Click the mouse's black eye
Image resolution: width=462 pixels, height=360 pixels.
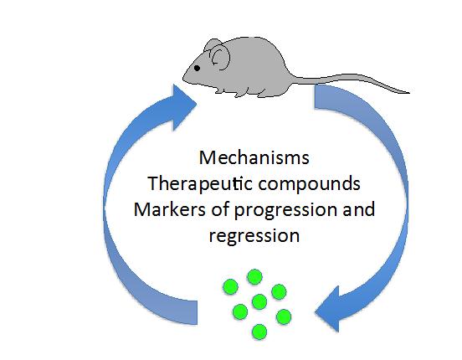[x=198, y=68]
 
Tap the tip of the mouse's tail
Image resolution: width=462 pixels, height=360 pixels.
[x=409, y=93]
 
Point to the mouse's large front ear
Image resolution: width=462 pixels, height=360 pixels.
[x=220, y=58]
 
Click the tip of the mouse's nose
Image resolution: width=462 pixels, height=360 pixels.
[x=183, y=79]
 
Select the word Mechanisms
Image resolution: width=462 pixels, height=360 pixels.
[x=254, y=157]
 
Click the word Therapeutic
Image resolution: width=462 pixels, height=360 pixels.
[x=200, y=184]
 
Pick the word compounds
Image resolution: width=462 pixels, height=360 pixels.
[x=310, y=184]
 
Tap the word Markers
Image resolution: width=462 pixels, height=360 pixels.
[x=169, y=209]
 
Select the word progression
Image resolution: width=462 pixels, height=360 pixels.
[x=285, y=211]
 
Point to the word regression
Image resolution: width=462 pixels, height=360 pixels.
[x=254, y=236]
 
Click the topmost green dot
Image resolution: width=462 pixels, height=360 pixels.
[x=254, y=277]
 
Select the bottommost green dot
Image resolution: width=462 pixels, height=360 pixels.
[x=259, y=332]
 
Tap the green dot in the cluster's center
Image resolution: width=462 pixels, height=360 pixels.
[x=259, y=301]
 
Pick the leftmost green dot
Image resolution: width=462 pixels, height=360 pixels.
[x=230, y=287]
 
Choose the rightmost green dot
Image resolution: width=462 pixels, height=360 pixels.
[x=284, y=317]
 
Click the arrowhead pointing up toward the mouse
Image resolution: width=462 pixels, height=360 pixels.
[x=182, y=107]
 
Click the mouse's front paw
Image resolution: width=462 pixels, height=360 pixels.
[x=218, y=90]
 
